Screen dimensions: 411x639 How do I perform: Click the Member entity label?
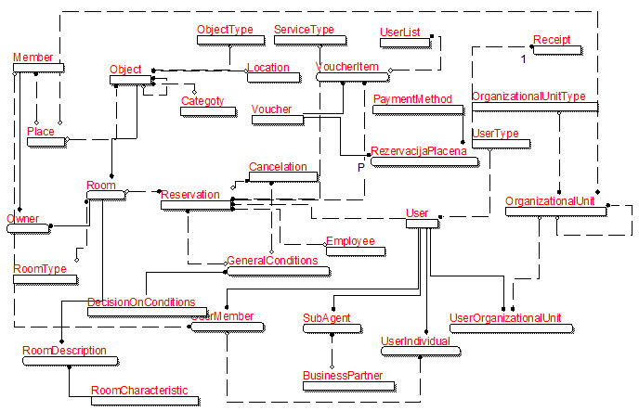pos(33,58)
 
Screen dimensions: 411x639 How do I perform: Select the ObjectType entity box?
pos(225,30)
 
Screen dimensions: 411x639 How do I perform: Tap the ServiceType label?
pos(304,30)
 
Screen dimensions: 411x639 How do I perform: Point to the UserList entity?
pos(400,32)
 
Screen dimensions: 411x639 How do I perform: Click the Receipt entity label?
pos(552,41)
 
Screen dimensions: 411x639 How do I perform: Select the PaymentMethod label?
pos(412,98)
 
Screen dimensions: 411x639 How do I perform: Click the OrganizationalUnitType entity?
pos(528,96)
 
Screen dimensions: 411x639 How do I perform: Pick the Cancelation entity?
pos(278,167)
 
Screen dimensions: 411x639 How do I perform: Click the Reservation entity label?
pos(190,195)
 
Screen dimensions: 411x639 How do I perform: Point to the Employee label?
pos(350,241)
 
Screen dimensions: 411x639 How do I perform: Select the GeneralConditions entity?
pos(279,262)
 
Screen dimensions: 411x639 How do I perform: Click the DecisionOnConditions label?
pos(141,302)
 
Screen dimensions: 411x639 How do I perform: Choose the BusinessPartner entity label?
pos(343,376)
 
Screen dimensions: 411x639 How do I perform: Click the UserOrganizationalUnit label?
pos(505,318)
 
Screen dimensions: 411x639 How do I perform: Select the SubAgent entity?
pos(326,318)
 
